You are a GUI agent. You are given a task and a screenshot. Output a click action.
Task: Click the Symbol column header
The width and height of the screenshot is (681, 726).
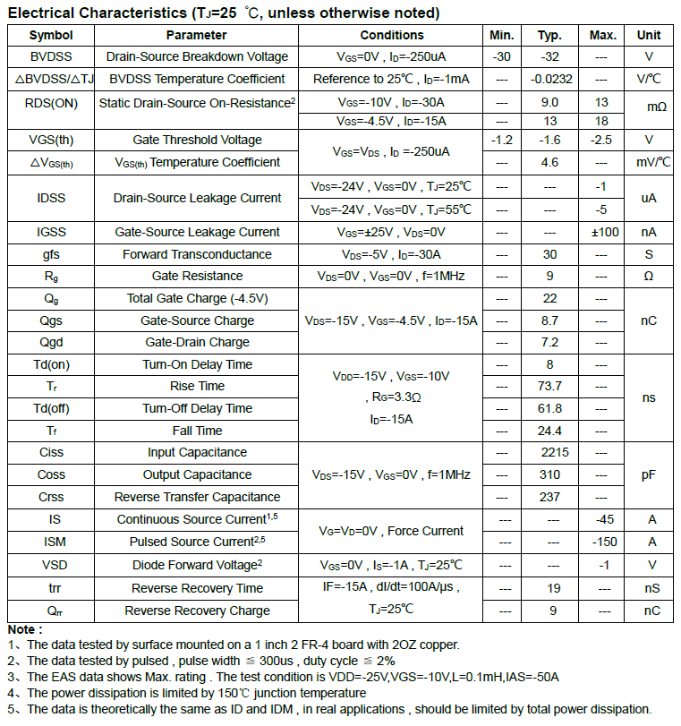click(51, 35)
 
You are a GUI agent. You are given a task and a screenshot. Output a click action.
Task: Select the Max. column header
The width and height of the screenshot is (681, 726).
click(602, 35)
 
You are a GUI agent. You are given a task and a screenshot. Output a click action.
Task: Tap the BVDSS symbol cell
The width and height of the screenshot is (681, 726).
click(51, 56)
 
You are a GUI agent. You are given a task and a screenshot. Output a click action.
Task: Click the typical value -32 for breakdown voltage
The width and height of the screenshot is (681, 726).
click(549, 56)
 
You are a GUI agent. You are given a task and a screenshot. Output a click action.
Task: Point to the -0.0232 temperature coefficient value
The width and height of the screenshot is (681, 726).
click(549, 79)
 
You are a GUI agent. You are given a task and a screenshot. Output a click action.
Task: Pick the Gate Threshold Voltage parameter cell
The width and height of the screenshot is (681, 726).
click(197, 140)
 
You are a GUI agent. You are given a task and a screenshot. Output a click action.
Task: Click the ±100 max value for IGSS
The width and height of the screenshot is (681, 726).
click(602, 232)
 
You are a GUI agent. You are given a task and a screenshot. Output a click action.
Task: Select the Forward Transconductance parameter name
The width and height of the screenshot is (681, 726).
click(197, 254)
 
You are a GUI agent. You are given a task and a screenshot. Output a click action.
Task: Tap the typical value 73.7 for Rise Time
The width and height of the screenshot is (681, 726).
click(549, 386)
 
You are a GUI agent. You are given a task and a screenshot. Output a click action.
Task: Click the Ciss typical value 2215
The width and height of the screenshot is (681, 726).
click(549, 452)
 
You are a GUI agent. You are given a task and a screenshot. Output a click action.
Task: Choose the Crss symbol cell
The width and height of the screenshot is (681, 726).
click(51, 497)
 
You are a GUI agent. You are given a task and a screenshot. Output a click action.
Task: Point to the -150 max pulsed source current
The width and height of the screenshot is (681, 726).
click(602, 542)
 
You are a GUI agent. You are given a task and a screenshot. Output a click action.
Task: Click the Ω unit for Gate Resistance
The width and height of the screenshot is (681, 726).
click(649, 276)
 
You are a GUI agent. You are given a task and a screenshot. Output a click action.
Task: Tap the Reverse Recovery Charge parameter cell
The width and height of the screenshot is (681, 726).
click(197, 611)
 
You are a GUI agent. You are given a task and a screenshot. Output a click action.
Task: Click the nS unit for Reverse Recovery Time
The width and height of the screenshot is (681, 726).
click(649, 588)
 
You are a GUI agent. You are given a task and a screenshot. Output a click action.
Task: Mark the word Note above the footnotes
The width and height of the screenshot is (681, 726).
click(25, 629)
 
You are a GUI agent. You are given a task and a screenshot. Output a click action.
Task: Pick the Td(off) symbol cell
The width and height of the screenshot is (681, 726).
click(51, 408)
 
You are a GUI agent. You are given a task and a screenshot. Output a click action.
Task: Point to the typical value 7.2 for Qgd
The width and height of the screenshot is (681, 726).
click(549, 342)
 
